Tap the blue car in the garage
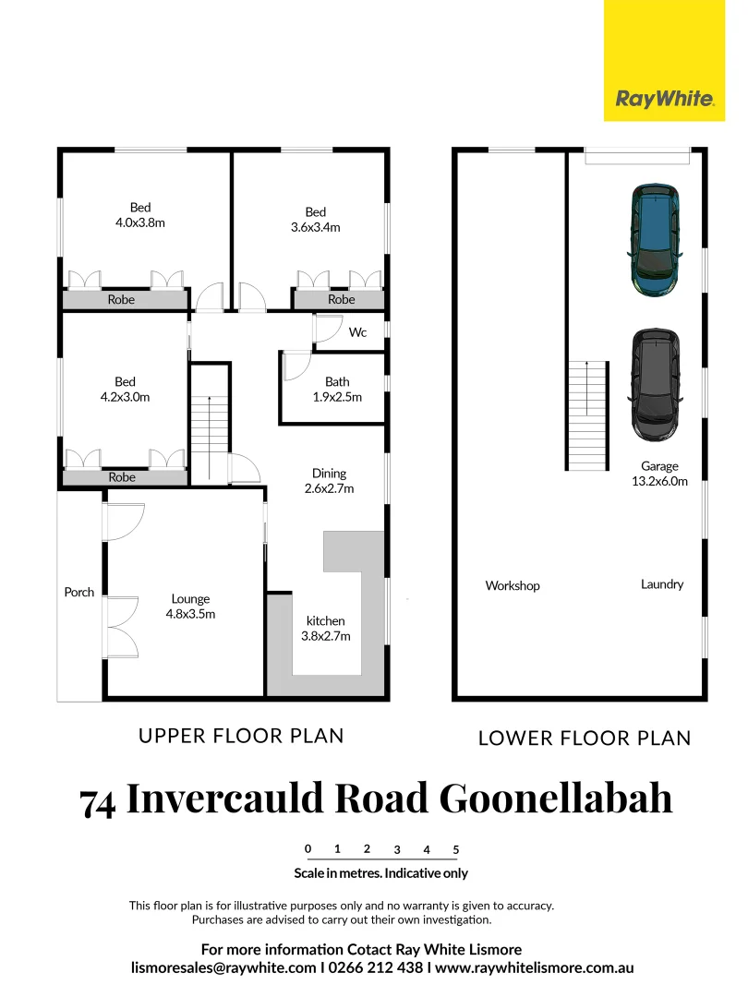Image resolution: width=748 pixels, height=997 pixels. pyautogui.click(x=655, y=240)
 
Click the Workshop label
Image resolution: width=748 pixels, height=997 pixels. pyautogui.click(x=513, y=586)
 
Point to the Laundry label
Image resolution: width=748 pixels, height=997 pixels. pyautogui.click(x=662, y=584)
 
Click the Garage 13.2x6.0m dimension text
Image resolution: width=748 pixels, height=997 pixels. pyautogui.click(x=660, y=474)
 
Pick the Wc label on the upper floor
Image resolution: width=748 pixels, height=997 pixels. pyautogui.click(x=356, y=332)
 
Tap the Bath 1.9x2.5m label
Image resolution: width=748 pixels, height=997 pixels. pyautogui.click(x=337, y=390)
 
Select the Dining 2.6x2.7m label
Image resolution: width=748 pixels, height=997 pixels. pyautogui.click(x=330, y=481)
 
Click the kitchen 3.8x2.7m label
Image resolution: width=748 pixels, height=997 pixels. pyautogui.click(x=326, y=629)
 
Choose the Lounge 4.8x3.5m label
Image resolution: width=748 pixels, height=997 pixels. pyautogui.click(x=189, y=606)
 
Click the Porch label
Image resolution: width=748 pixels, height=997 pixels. pyautogui.click(x=79, y=592)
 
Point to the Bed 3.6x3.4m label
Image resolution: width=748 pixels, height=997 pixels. pyautogui.click(x=315, y=220)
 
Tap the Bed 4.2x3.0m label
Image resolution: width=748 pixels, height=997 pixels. pyautogui.click(x=125, y=390)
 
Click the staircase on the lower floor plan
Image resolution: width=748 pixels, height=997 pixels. pyautogui.click(x=588, y=414)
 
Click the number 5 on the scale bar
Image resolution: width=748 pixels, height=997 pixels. pyautogui.click(x=456, y=849)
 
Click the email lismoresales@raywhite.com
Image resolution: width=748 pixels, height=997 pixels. pyautogui.click(x=223, y=968)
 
